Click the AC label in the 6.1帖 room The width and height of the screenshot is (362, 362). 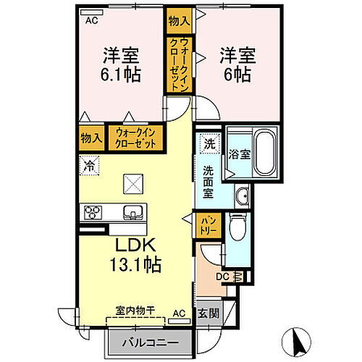point(91,21)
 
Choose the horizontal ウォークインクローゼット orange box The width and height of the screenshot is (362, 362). point(136,138)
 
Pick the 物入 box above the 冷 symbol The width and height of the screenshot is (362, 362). point(90,138)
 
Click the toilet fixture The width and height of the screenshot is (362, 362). point(237,230)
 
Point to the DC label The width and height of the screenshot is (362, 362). point(223,276)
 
